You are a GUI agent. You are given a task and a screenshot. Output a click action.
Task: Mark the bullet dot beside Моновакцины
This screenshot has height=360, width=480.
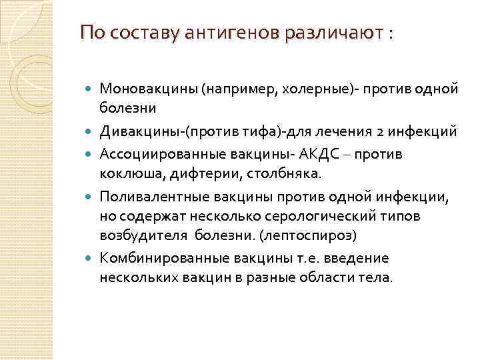[x=89, y=89]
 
